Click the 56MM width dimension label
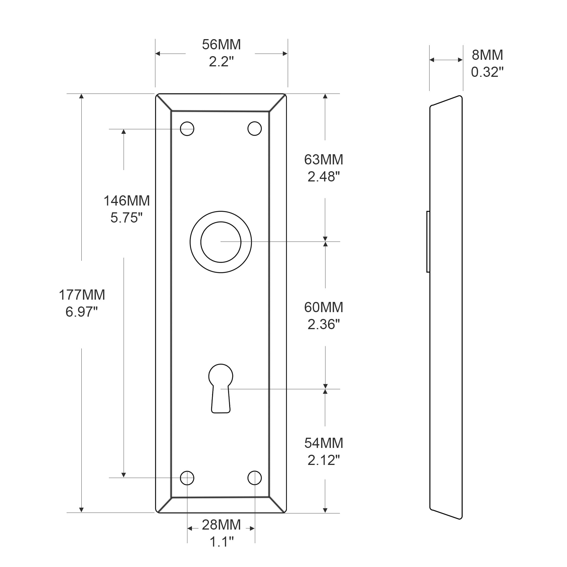click(x=221, y=45)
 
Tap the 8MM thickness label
click(x=487, y=55)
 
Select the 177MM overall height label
click(x=82, y=295)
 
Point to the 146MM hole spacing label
click(x=126, y=201)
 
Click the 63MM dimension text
click(x=323, y=160)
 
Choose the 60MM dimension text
click(x=323, y=307)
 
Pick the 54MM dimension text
click(x=323, y=443)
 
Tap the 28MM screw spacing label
click(x=221, y=525)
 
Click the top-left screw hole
click(x=187, y=128)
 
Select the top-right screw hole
click(x=255, y=128)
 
